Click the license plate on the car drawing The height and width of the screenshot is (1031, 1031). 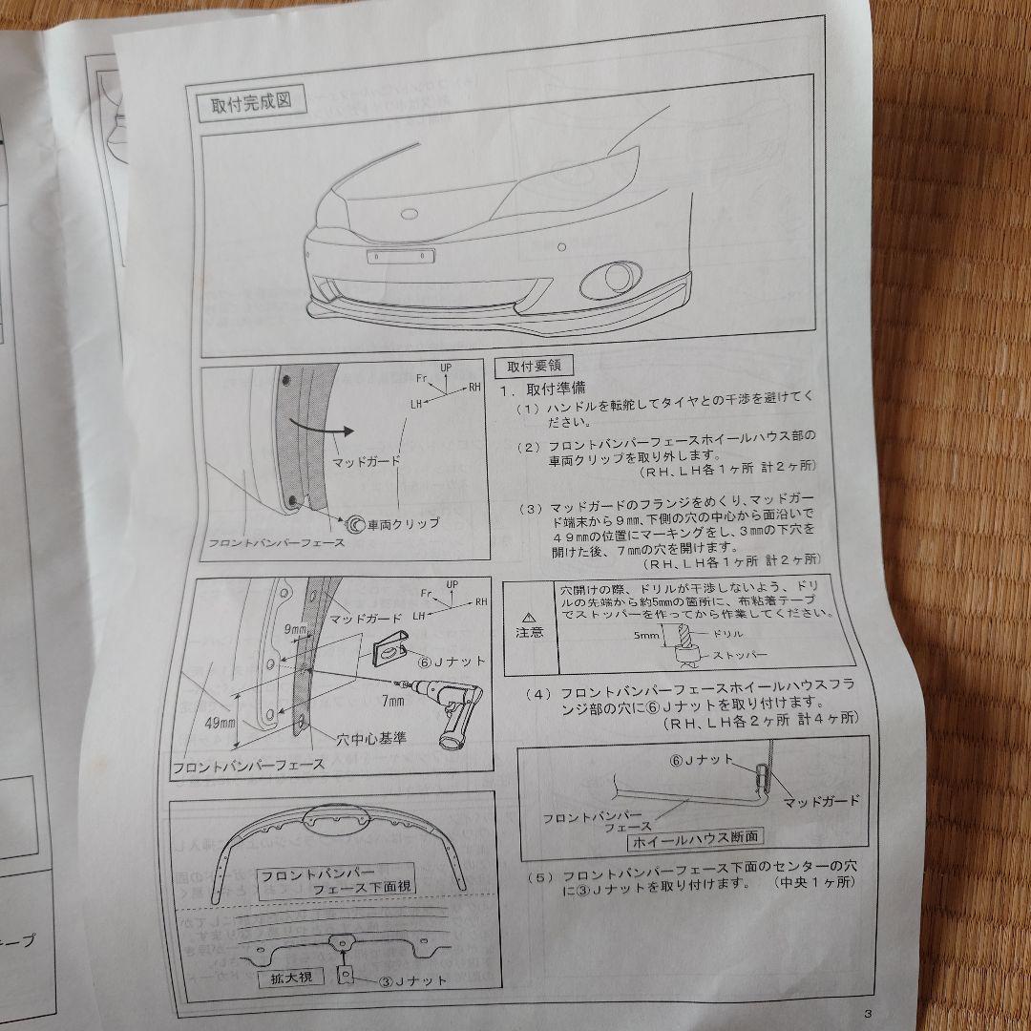[x=401, y=256]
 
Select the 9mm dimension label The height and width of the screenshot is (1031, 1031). [x=295, y=630]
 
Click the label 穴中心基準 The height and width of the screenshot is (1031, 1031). [x=372, y=738]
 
